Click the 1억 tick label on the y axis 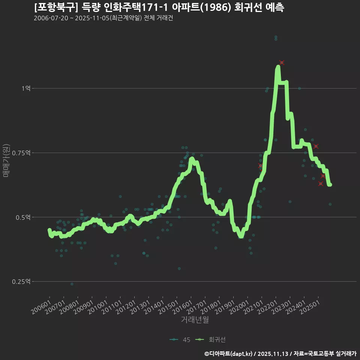pos(26,88)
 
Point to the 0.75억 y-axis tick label pos(23,153)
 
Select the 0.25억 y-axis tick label pos(23,282)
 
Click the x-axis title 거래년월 pos(195,320)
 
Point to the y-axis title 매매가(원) pos(6,160)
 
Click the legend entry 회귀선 pos(212,340)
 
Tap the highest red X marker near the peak pos(282,63)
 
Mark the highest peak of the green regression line pos(278,67)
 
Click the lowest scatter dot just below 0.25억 pos(72,284)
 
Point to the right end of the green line pos(330,184)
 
